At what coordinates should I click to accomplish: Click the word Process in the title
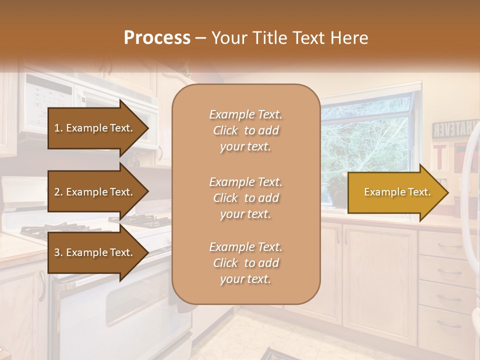[x=157, y=38]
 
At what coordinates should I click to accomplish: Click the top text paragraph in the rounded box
[x=245, y=130]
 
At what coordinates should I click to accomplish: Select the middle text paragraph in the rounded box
[x=245, y=198]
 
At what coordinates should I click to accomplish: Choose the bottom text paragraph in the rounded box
[x=245, y=263]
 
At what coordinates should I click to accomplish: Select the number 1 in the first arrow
[x=57, y=128]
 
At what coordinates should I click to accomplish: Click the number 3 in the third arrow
[x=57, y=252]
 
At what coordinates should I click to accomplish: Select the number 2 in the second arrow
[x=57, y=192]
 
